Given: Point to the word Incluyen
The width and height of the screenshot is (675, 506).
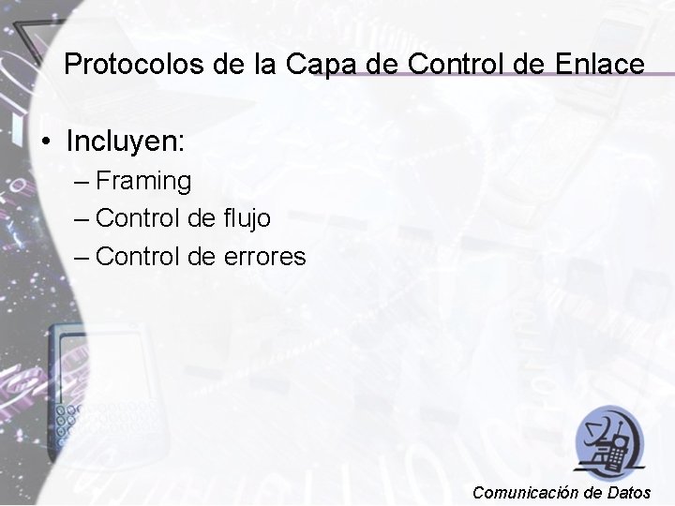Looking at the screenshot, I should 127,141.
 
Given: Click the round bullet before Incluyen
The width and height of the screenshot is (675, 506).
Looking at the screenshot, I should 45,143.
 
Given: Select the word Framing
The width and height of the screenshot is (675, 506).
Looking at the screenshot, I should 143,180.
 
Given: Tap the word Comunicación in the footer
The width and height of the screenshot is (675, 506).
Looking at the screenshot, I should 524,492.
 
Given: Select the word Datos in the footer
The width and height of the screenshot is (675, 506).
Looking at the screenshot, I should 629,492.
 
